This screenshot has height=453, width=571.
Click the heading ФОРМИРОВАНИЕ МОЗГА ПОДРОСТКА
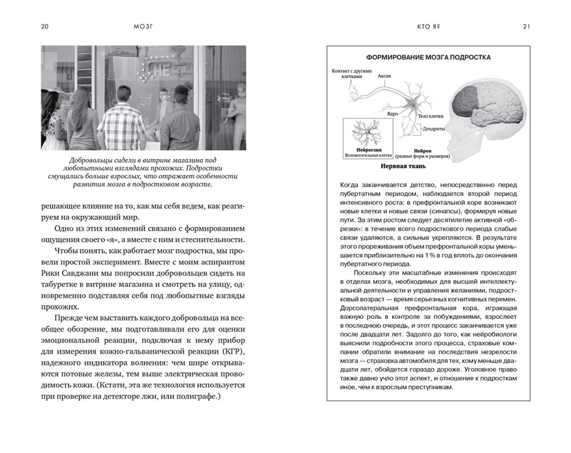[428, 57]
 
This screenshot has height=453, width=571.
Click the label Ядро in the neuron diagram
[392, 113]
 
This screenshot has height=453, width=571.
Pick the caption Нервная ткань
[396, 167]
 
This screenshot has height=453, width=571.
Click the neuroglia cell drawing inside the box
[364, 131]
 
